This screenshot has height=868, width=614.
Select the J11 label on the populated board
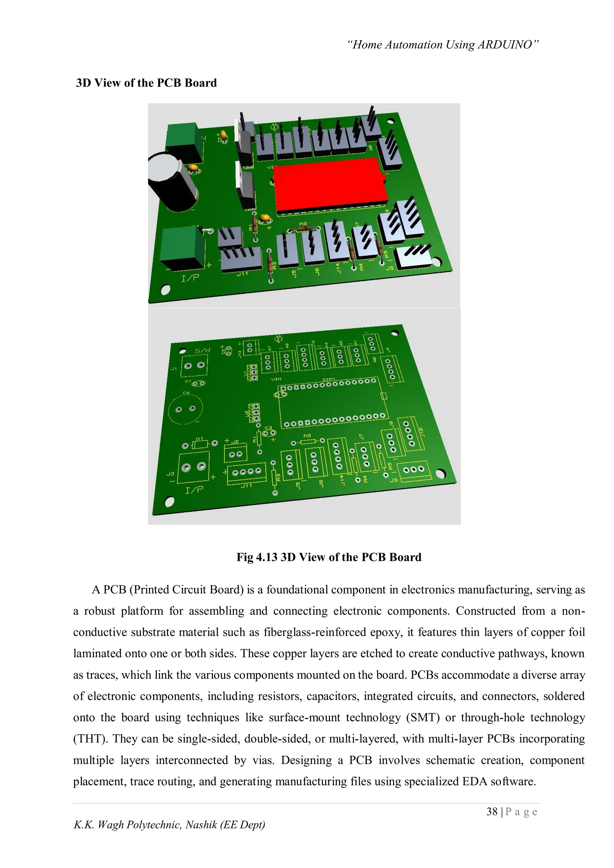(242, 274)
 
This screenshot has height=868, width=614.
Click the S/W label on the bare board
(202, 351)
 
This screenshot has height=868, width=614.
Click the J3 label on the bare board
(171, 473)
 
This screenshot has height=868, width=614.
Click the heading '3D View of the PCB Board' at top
(146, 83)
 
